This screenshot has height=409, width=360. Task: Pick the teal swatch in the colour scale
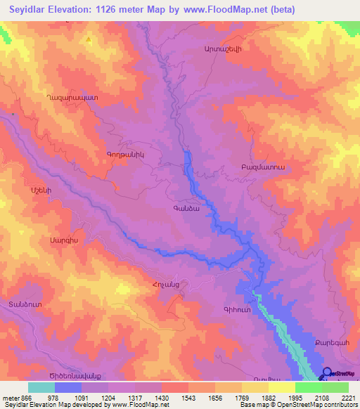(41, 387)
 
